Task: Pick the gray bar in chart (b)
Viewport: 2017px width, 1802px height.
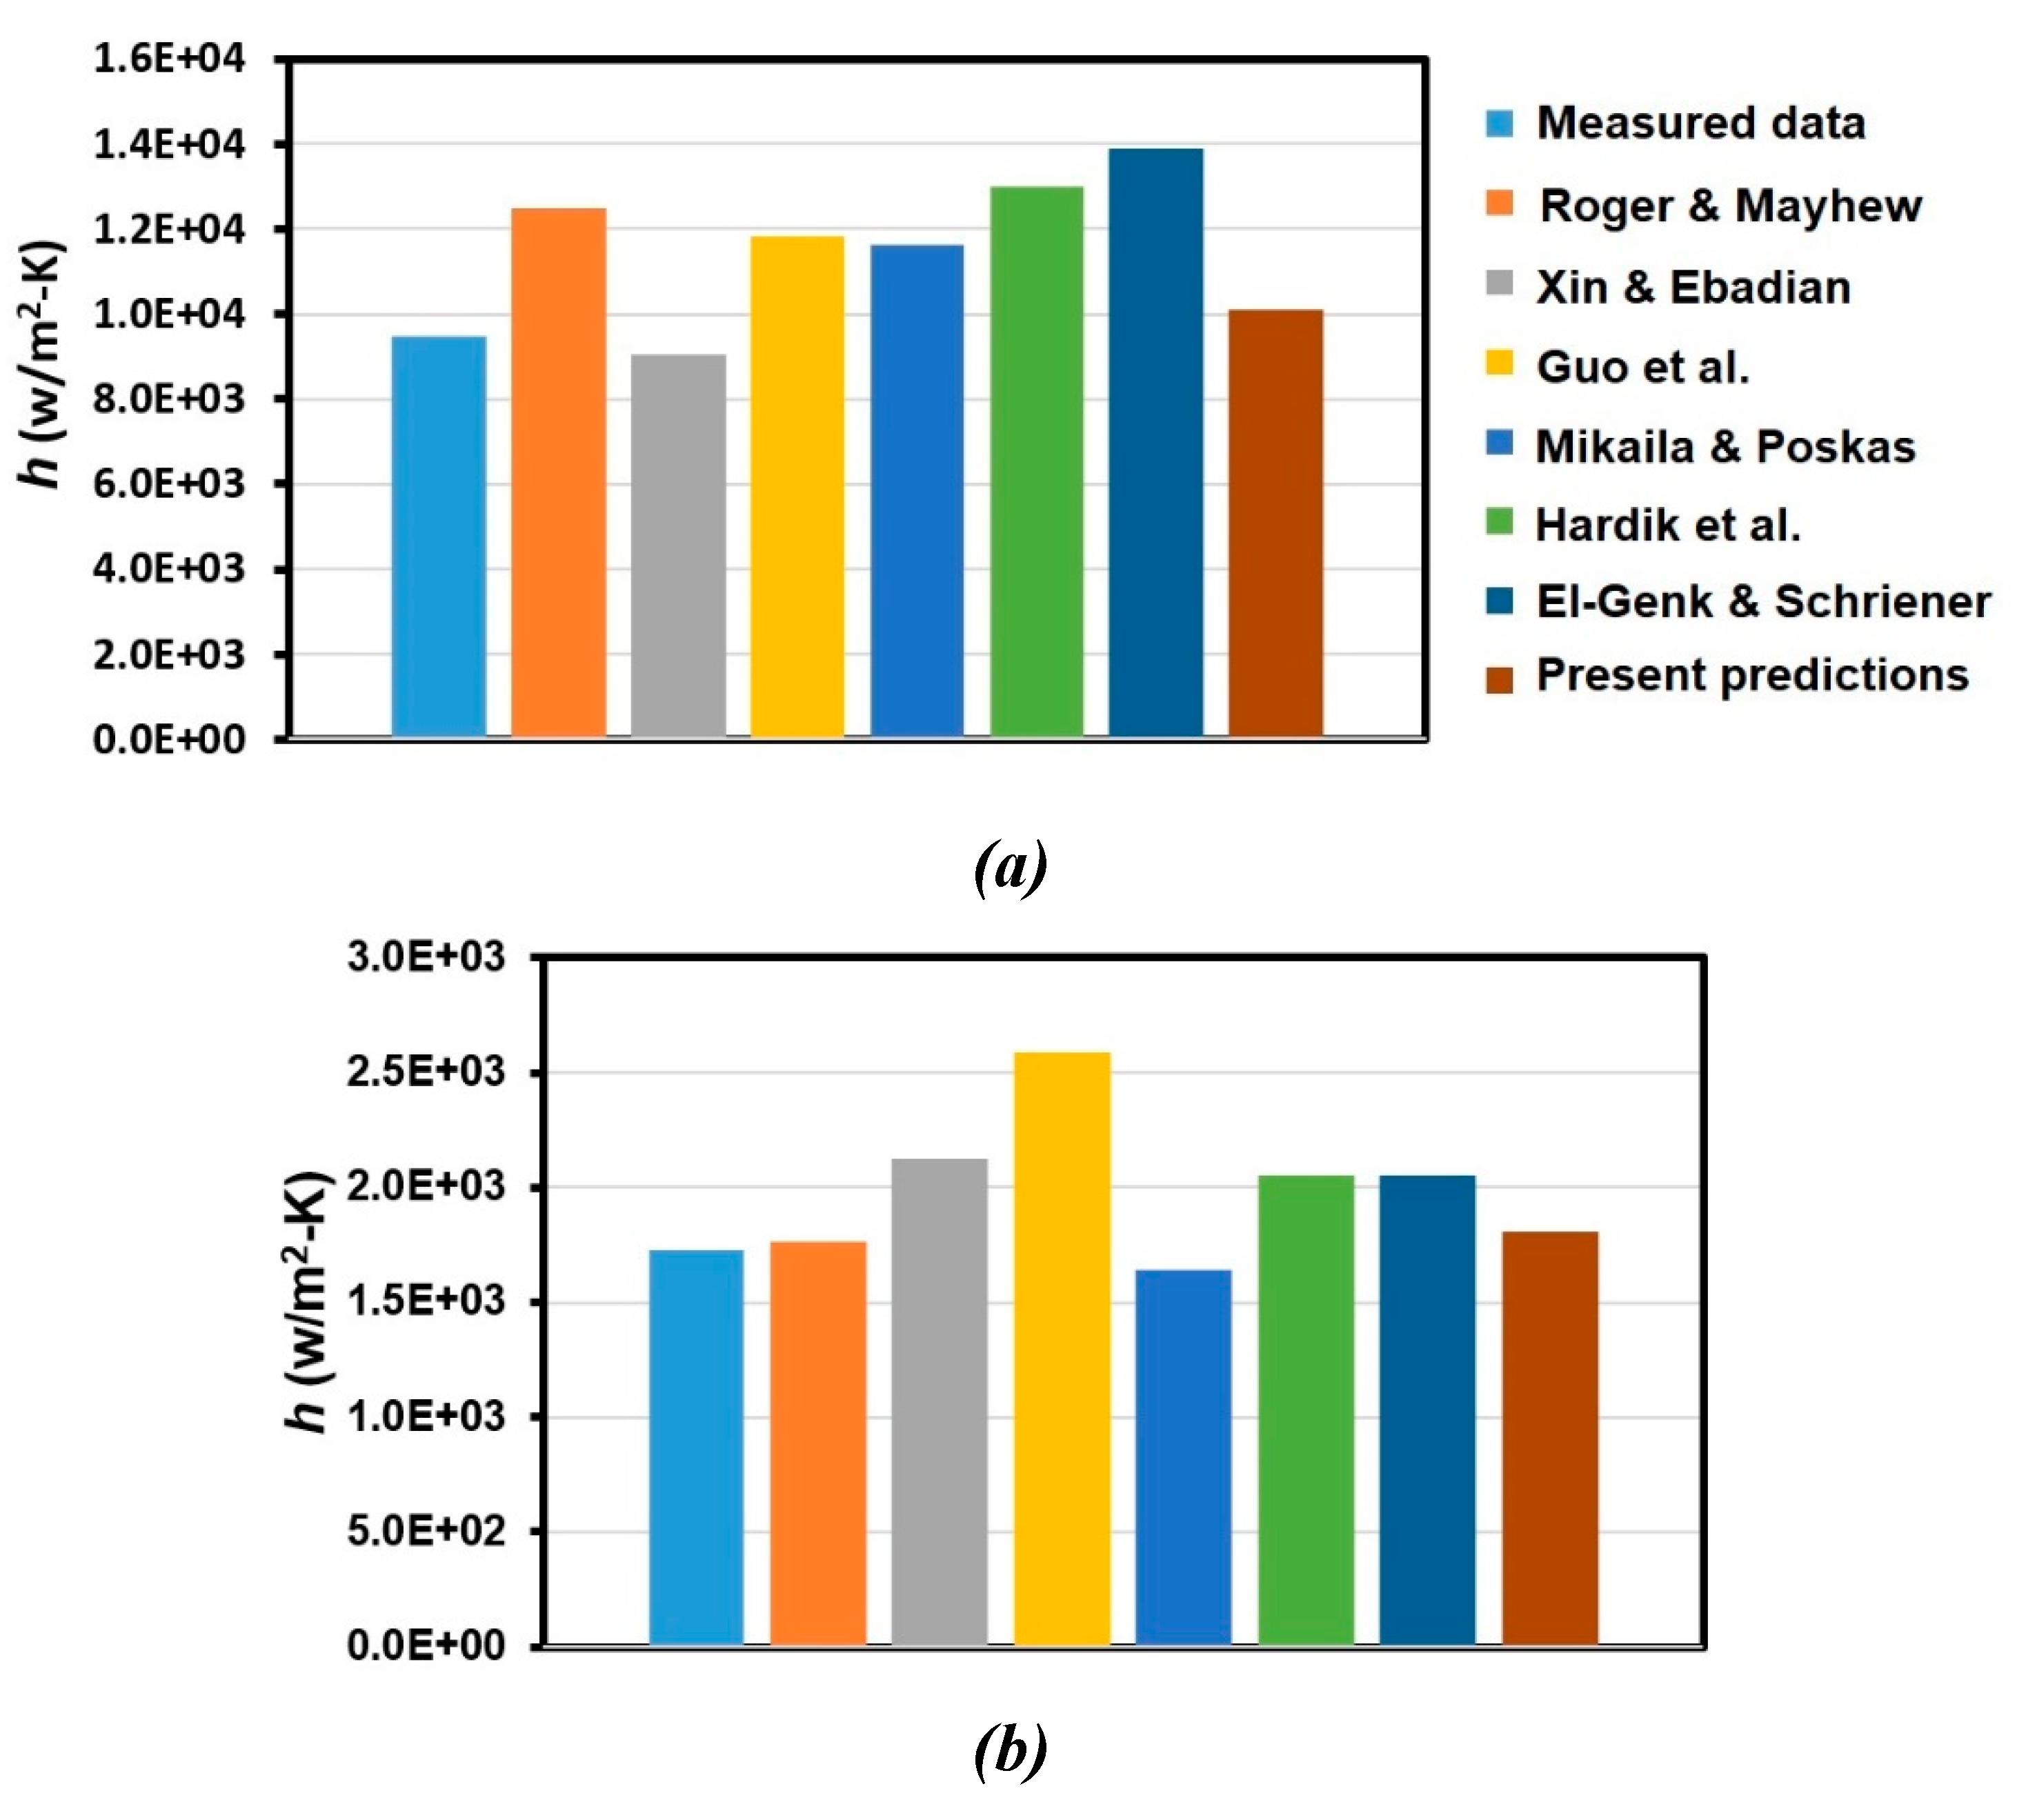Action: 939,1402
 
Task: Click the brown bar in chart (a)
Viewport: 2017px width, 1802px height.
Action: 1275,525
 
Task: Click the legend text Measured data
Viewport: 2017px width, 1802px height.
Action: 1700,123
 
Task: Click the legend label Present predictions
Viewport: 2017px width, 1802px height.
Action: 1751,675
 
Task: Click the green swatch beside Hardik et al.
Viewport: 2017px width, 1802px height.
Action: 1499,522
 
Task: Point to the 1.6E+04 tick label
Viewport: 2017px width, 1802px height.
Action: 168,59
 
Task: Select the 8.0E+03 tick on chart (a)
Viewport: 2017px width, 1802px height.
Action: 168,399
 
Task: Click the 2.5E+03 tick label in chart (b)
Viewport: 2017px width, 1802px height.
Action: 426,1072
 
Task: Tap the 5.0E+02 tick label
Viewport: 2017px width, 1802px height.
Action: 426,1532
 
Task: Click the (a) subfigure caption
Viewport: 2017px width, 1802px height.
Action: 1010,868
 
